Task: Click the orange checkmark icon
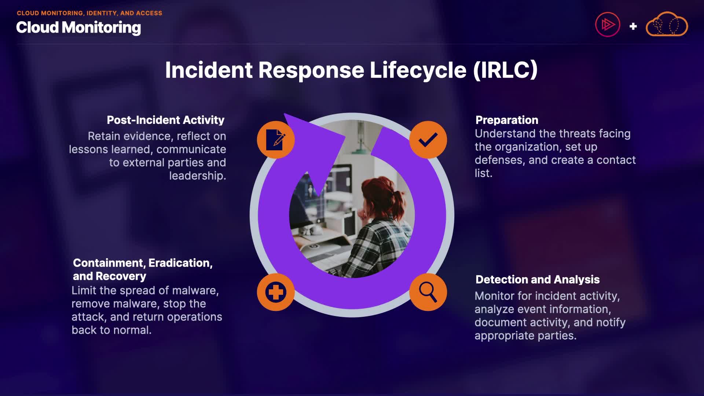428,140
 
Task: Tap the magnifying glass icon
428,292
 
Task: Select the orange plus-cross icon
276,292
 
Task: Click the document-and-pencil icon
276,140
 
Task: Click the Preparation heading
507,120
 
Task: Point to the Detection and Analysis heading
538,279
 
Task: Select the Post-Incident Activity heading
165,120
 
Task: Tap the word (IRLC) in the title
505,70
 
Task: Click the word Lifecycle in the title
418,70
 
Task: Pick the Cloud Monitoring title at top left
78,27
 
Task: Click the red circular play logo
608,25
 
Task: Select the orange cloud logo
667,25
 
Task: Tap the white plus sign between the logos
633,26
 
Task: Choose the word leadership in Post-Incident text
197,176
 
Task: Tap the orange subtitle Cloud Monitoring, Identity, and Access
89,13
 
